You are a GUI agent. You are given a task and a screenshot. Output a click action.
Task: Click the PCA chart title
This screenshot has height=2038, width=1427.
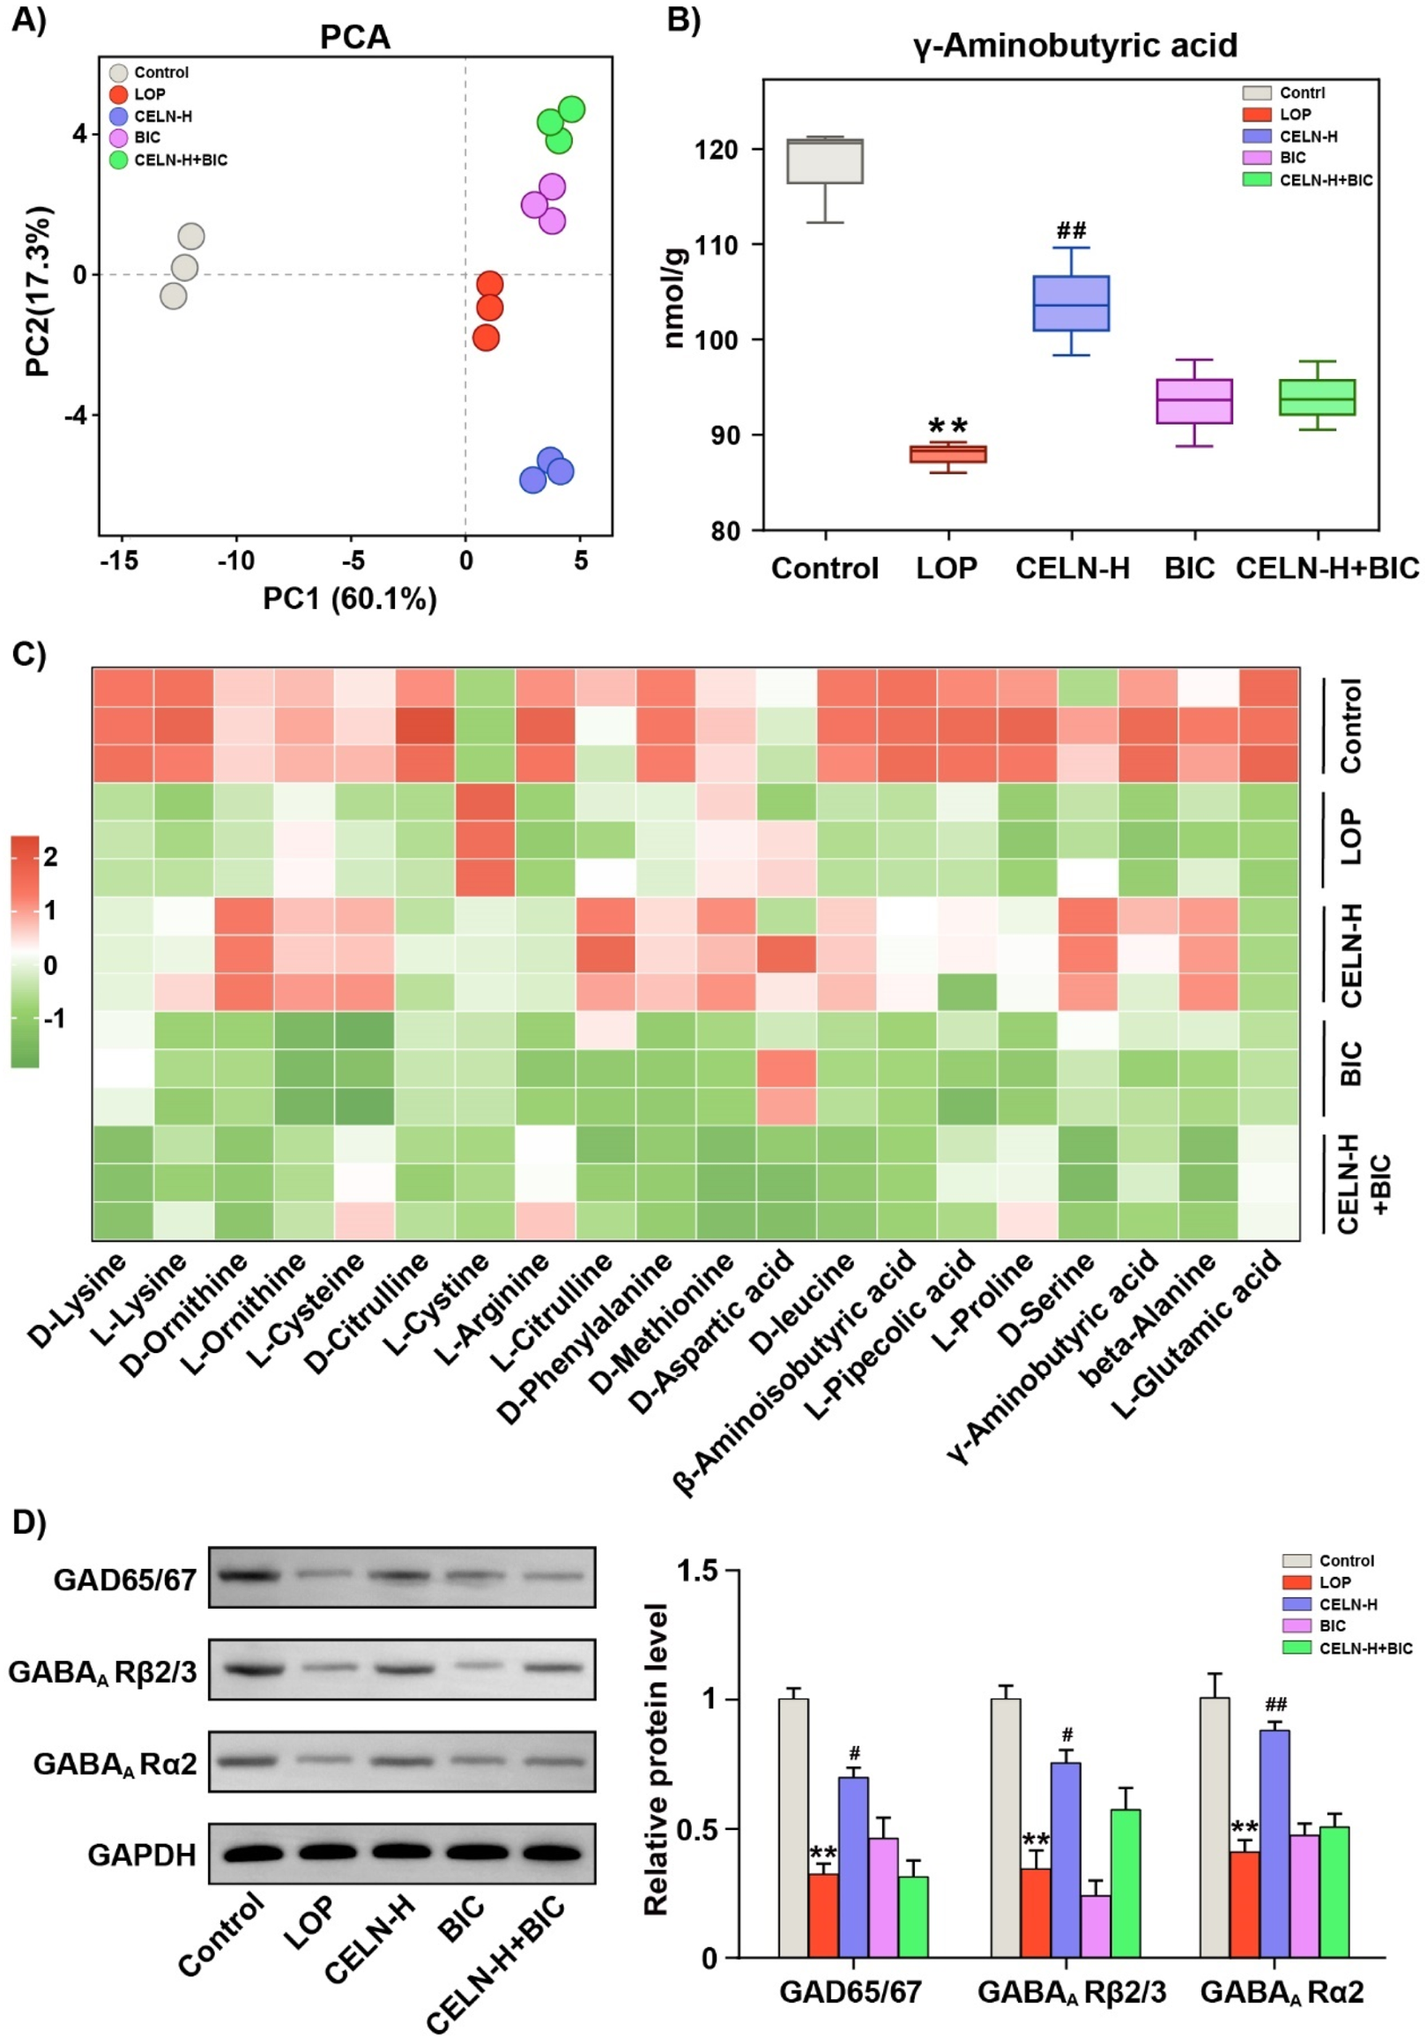(x=355, y=37)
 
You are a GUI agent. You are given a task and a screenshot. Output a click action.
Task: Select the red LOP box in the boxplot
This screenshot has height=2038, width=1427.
(x=948, y=455)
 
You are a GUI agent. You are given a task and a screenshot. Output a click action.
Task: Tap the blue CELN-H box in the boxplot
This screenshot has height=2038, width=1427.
(x=1071, y=303)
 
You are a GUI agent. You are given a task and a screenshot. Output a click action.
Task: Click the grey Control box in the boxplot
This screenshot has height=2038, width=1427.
(x=825, y=161)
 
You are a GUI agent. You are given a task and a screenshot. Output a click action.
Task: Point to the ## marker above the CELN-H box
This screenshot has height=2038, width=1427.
(x=1071, y=232)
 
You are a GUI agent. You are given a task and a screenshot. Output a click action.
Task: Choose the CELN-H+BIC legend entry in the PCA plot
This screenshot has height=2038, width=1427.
(x=180, y=160)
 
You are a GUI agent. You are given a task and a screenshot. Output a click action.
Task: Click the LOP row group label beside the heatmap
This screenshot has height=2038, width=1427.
(x=1350, y=837)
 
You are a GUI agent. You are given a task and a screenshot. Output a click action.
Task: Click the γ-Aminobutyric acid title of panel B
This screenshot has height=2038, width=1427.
(x=1075, y=45)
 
